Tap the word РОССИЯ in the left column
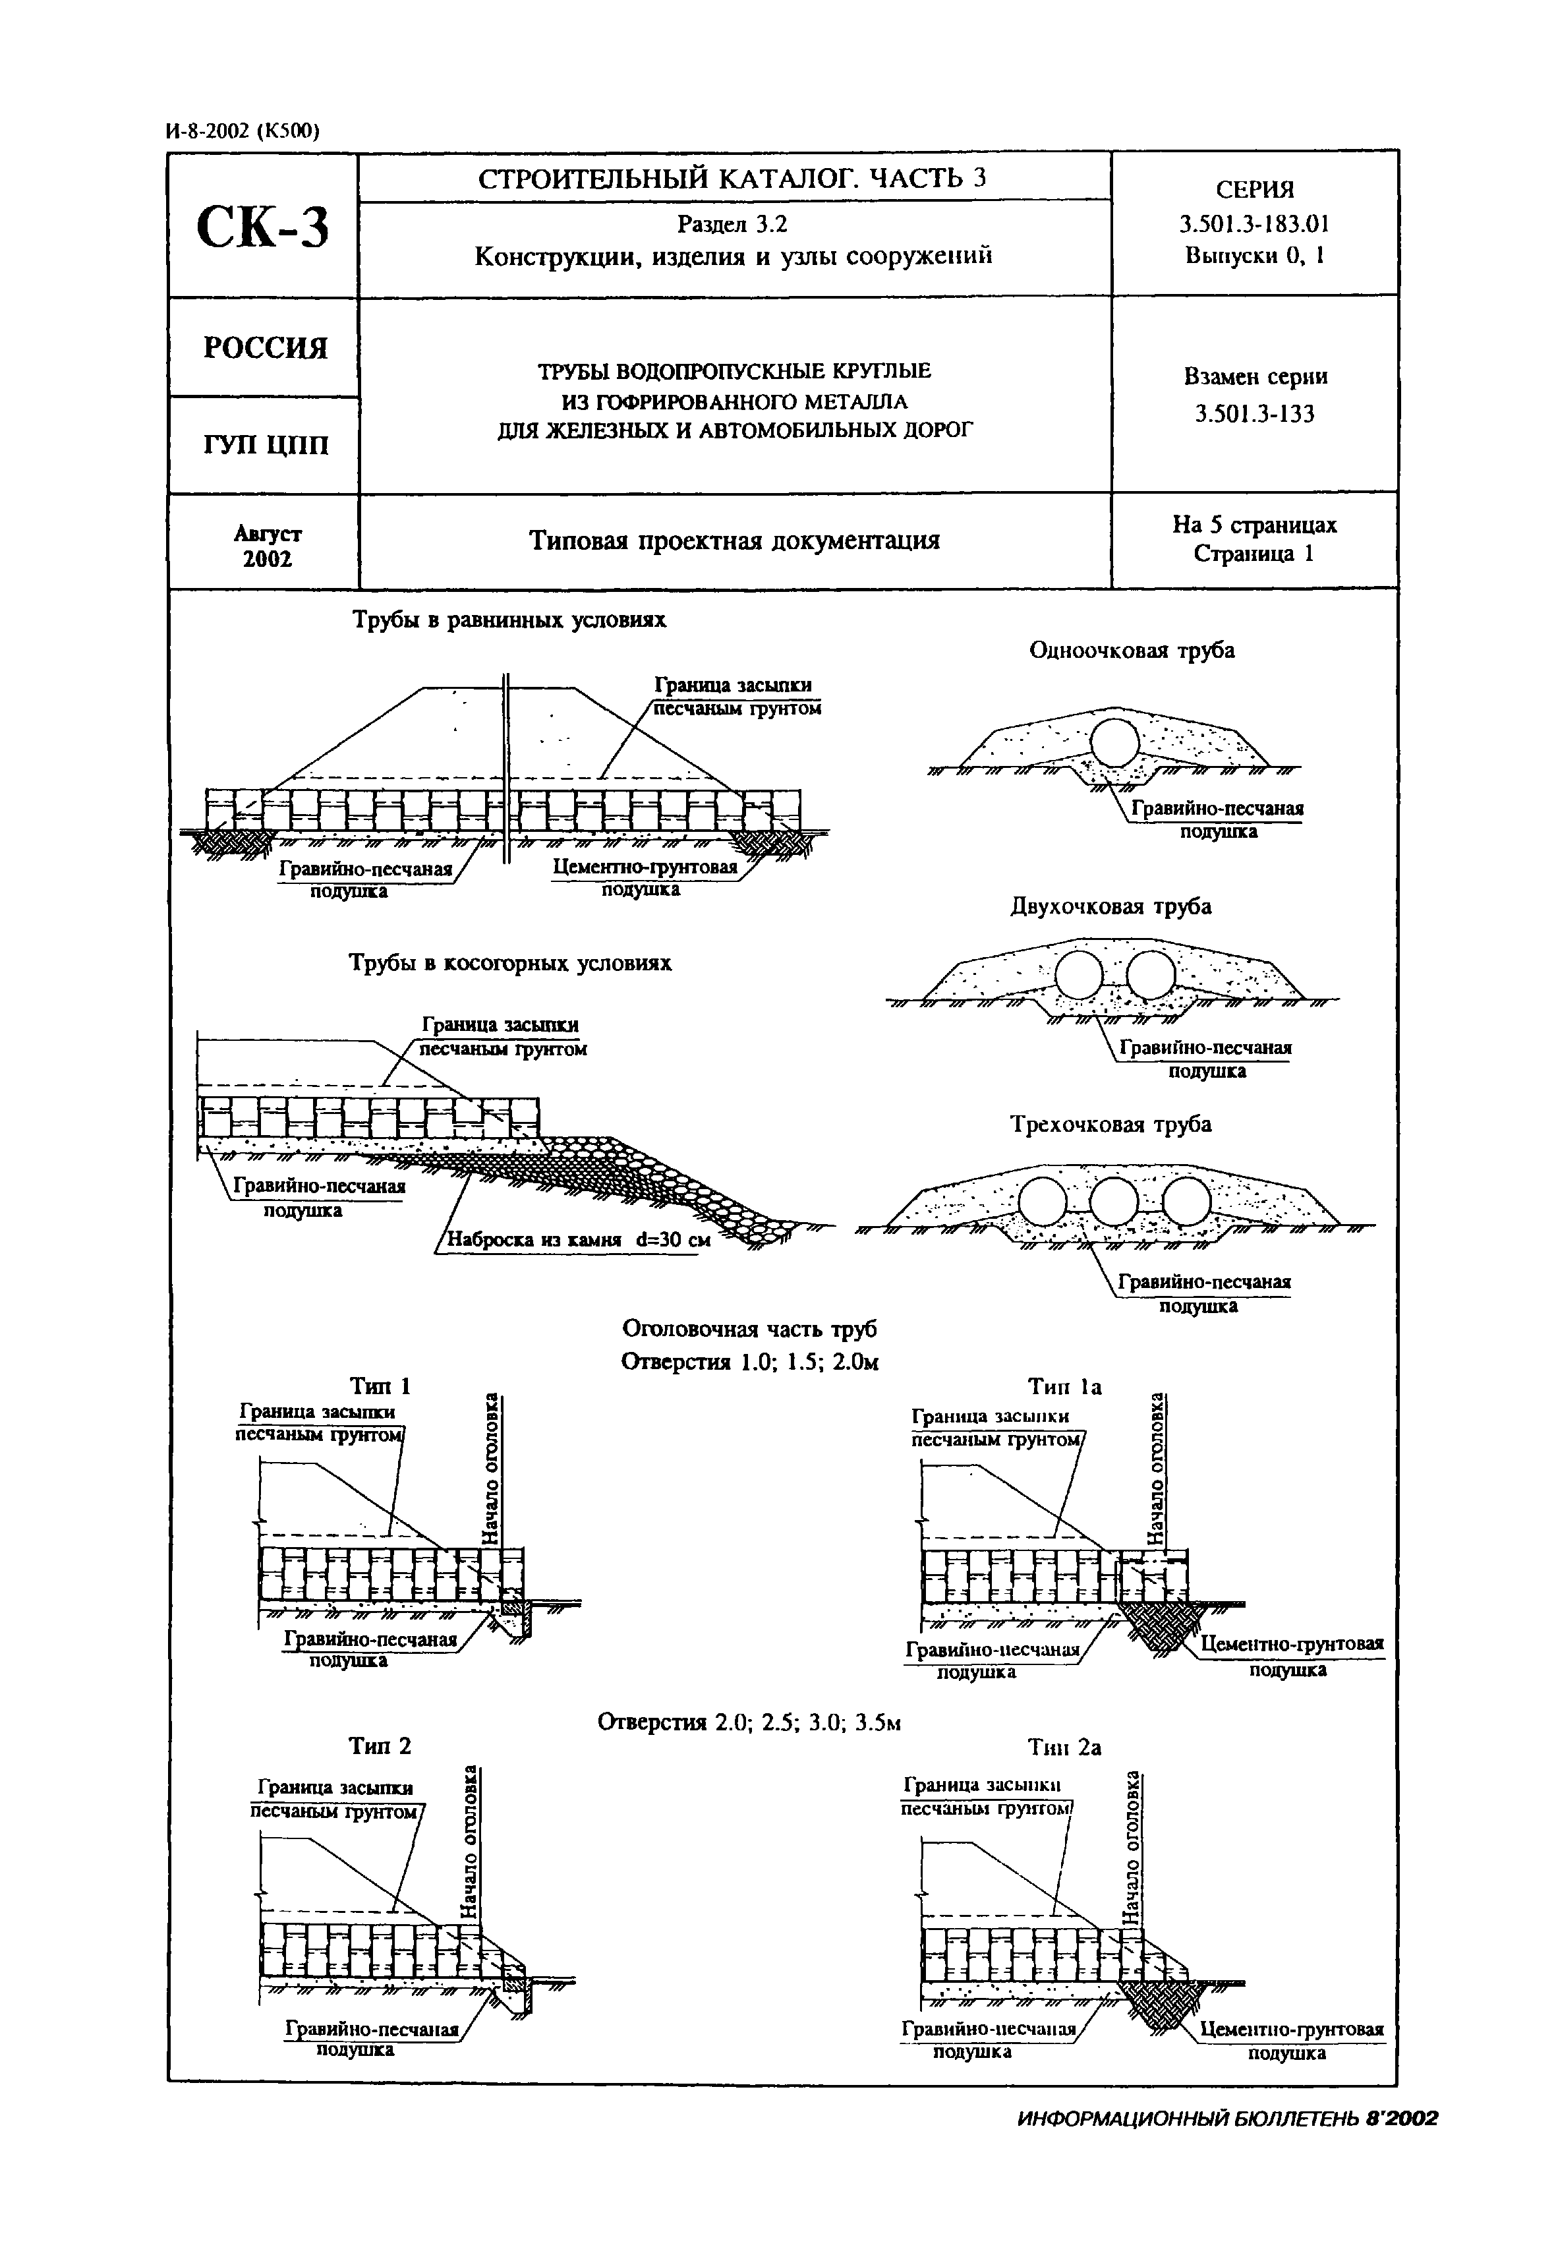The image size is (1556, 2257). click(265, 348)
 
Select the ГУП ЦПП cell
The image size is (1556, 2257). click(265, 446)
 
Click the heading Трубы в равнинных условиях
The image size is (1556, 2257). click(509, 620)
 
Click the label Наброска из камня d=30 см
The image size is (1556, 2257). click(578, 1240)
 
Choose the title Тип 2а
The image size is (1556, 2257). click(1064, 1747)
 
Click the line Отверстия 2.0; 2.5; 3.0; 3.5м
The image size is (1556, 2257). click(749, 1722)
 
